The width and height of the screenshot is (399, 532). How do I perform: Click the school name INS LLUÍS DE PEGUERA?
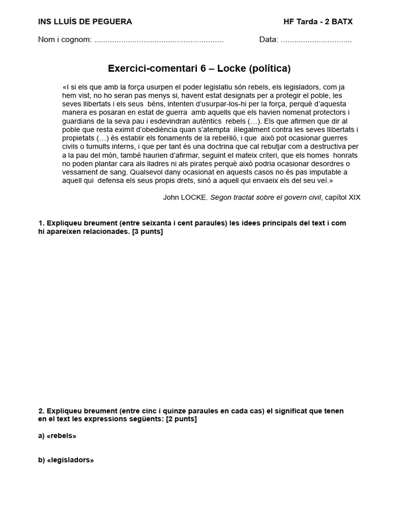85,22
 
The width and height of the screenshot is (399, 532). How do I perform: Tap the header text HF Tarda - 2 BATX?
318,22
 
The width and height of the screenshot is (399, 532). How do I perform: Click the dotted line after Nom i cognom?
159,40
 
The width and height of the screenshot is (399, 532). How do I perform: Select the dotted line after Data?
316,40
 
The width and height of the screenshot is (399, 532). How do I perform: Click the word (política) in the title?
270,69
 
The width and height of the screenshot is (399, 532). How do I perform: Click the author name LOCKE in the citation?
194,197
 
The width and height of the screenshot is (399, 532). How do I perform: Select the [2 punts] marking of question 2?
181,419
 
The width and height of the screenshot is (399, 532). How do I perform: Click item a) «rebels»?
57,436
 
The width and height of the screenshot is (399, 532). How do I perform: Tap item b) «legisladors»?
66,460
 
